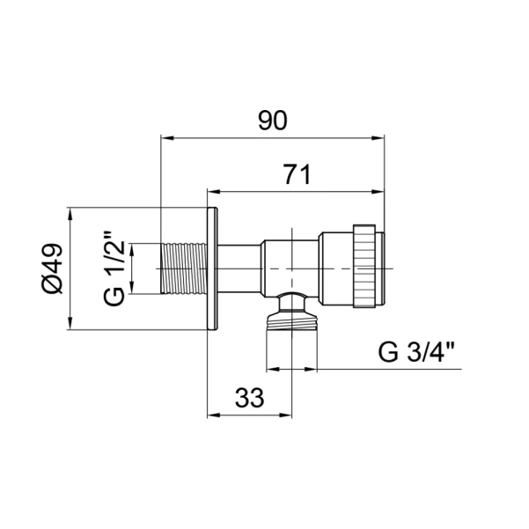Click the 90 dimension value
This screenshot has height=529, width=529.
pyautogui.click(x=273, y=121)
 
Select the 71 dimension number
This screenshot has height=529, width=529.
pyautogui.click(x=297, y=174)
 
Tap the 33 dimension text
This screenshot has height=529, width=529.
pyautogui.click(x=250, y=397)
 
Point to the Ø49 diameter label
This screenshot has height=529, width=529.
pyautogui.click(x=52, y=268)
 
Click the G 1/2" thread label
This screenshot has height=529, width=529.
pyautogui.click(x=114, y=268)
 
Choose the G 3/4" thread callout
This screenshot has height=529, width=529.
pyautogui.click(x=417, y=352)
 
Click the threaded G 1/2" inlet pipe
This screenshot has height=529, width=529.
pyautogui.click(x=184, y=268)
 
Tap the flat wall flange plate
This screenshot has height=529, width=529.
pyautogui.click(x=212, y=268)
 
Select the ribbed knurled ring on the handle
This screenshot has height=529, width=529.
pyautogui.click(x=364, y=266)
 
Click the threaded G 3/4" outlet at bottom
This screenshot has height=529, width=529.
pyautogui.click(x=292, y=321)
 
